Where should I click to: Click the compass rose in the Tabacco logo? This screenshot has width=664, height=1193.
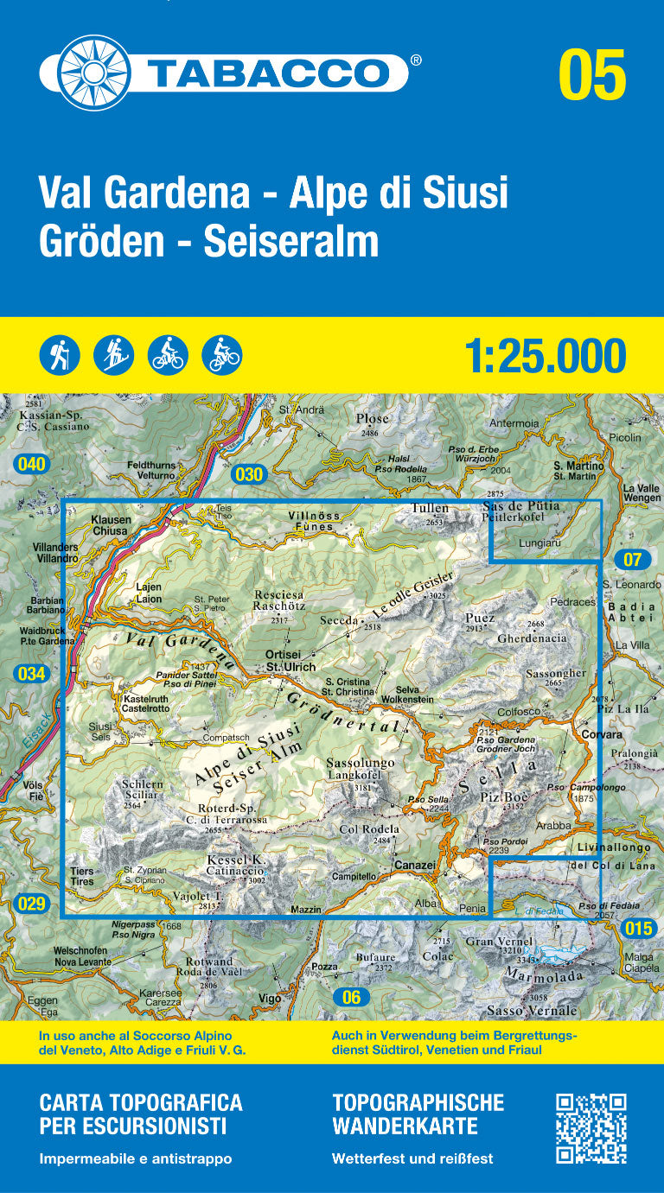[85, 73]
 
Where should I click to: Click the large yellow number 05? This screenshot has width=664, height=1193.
[591, 75]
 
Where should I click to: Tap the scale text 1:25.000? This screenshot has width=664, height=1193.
[545, 356]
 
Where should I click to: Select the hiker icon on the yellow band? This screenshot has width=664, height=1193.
[60, 354]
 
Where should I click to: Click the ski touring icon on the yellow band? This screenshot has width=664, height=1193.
[114, 354]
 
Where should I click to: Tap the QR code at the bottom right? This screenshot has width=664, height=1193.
[591, 1128]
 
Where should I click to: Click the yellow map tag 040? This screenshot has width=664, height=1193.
[30, 465]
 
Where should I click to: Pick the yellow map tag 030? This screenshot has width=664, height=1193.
[248, 473]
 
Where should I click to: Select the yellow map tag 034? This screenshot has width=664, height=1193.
[31, 674]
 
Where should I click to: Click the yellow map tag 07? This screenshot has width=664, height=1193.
[632, 559]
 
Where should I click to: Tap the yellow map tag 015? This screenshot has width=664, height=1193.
[638, 929]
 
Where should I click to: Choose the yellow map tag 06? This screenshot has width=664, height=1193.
[350, 997]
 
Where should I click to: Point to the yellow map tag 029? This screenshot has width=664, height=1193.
[30, 904]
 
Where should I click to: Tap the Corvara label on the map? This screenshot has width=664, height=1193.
[602, 734]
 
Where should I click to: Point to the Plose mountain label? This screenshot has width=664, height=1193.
[373, 419]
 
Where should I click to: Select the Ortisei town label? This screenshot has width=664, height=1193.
[283, 655]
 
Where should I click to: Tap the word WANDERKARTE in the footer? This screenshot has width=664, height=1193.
[405, 1126]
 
